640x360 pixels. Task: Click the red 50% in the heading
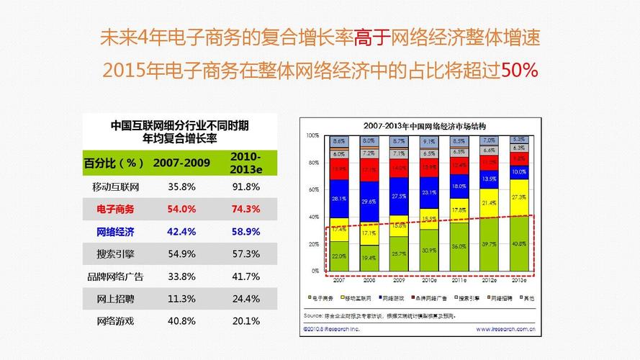coord(519,71)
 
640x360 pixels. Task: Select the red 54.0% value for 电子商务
coord(181,209)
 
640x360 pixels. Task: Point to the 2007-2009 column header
coord(181,163)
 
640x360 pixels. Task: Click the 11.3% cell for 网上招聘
coord(181,299)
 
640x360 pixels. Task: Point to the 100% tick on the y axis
coord(312,135)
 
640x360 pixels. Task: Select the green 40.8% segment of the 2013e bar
coord(519,243)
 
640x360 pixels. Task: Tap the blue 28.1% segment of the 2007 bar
coord(338,199)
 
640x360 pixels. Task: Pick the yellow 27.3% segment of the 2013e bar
coord(519,197)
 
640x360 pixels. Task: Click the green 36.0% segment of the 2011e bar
coord(459,246)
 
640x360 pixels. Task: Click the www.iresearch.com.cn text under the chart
coord(505,330)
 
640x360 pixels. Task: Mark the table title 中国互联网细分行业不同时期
coord(180,125)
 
